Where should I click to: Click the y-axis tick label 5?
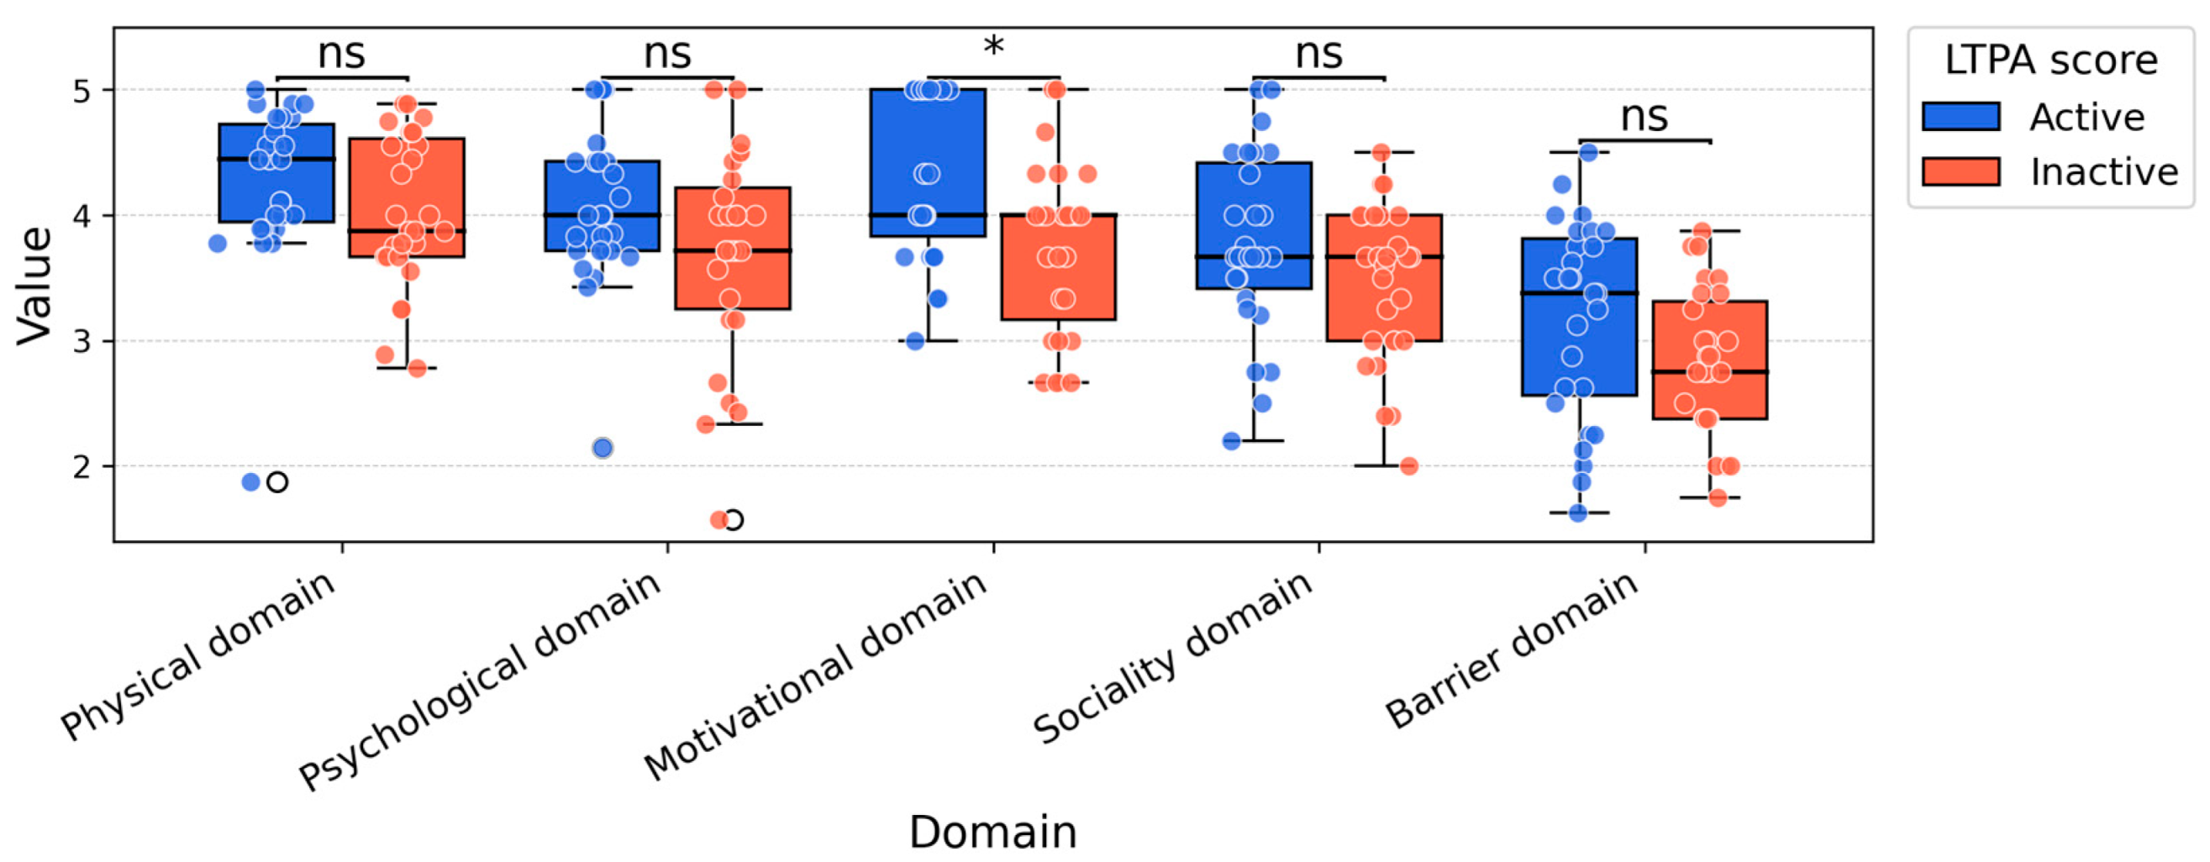[x=82, y=91]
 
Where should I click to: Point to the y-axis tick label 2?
[x=82, y=467]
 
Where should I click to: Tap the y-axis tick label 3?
[x=82, y=342]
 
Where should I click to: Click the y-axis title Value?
[x=34, y=286]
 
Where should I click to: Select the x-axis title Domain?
[x=992, y=831]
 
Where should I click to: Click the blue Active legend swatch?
[x=1960, y=117]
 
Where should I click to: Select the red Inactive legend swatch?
[x=1960, y=171]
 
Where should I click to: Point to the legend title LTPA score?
[x=2050, y=60]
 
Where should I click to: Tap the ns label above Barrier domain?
[x=1644, y=117]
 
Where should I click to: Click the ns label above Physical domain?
[x=341, y=53]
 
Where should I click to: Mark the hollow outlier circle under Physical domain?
[x=277, y=482]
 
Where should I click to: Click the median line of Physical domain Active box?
[x=276, y=160]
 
